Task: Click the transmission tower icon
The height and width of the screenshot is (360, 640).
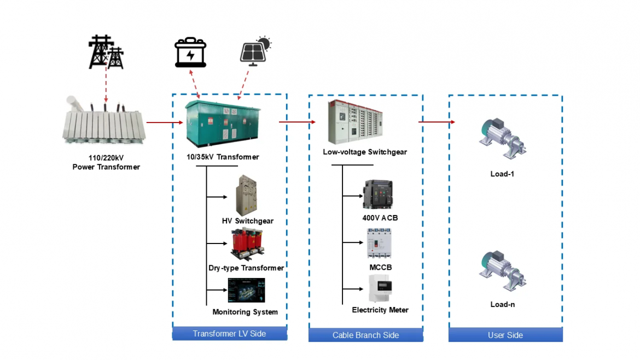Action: pyautogui.click(x=107, y=53)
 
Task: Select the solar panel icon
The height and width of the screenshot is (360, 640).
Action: pyautogui.click(x=255, y=51)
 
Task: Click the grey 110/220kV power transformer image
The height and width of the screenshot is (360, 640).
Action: pyautogui.click(x=103, y=124)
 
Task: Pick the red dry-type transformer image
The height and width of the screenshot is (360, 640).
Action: pyautogui.click(x=246, y=244)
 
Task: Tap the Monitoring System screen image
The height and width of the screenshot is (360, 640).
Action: pyautogui.click(x=246, y=290)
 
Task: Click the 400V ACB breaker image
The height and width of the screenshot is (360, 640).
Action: pyautogui.click(x=378, y=195)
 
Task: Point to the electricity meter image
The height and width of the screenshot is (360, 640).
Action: pyautogui.click(x=381, y=288)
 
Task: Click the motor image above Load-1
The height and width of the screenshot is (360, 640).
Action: pyautogui.click(x=503, y=140)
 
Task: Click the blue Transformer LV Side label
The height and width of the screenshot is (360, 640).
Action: pyautogui.click(x=229, y=334)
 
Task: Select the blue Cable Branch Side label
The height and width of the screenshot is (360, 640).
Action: pyautogui.click(x=365, y=335)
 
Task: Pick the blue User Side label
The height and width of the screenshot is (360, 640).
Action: pyautogui.click(x=505, y=335)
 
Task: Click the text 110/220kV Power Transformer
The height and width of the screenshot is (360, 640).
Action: pyautogui.click(x=106, y=162)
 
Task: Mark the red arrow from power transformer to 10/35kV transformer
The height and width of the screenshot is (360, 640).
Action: pyautogui.click(x=164, y=123)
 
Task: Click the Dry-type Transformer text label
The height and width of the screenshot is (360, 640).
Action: pyautogui.click(x=246, y=268)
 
